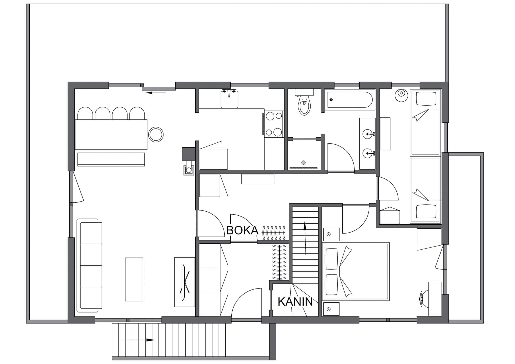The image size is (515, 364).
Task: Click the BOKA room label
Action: [x=242, y=230]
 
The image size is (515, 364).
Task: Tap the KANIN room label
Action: [x=295, y=302]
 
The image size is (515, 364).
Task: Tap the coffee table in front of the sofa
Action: [x=134, y=279]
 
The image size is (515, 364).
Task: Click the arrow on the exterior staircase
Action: [x=138, y=340]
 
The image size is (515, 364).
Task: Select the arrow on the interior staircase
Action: [x=305, y=238]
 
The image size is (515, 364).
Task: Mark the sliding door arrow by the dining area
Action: [x=156, y=93]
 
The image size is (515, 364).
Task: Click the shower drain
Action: [x=304, y=162]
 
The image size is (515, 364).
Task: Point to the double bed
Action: [x=356, y=271]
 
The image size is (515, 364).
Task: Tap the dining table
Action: [x=111, y=134]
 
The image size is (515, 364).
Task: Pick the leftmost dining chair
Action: [x=85, y=113]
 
